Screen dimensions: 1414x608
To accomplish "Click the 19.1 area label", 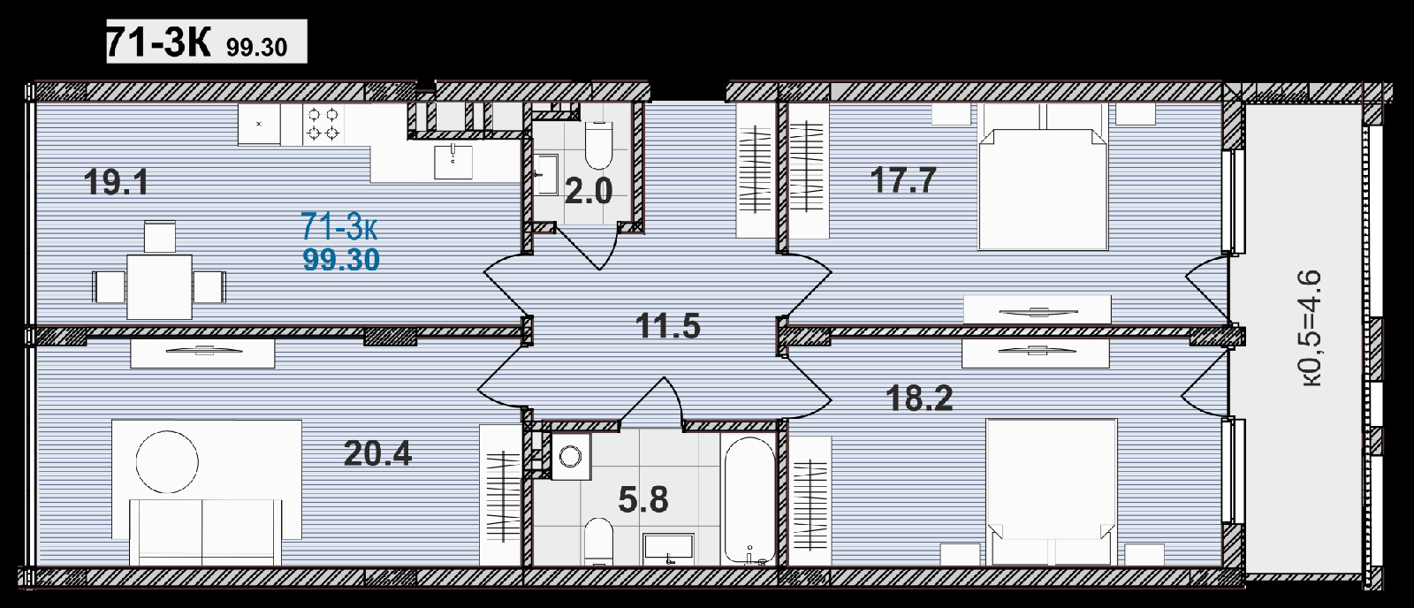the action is pyautogui.click(x=116, y=182).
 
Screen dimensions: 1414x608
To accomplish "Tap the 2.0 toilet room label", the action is pyautogui.click(x=589, y=191).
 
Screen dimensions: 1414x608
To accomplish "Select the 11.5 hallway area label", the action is pyautogui.click(x=668, y=326).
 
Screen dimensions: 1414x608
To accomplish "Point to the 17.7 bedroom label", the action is pyautogui.click(x=903, y=180).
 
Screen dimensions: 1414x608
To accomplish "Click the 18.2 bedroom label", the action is pyautogui.click(x=919, y=398).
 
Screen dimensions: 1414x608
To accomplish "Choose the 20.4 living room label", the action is pyautogui.click(x=377, y=453).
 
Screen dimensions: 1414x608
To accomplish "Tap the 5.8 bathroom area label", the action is pyautogui.click(x=643, y=500).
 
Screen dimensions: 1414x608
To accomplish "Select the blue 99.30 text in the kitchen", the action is pyautogui.click(x=341, y=260).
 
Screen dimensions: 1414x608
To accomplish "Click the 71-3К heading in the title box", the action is pyautogui.click(x=158, y=42).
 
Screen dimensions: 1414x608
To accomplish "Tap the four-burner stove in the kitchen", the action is pyautogui.click(x=323, y=125).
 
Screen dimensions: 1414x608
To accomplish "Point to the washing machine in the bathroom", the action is pyautogui.click(x=571, y=456).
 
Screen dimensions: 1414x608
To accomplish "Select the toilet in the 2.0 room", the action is pyautogui.click(x=598, y=145).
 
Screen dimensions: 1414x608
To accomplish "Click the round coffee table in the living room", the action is pyautogui.click(x=167, y=461).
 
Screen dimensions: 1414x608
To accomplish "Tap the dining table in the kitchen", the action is pyautogui.click(x=159, y=286).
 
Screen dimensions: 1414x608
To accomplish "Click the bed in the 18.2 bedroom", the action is pyautogui.click(x=1052, y=492).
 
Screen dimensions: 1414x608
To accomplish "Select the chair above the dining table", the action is pyautogui.click(x=160, y=237).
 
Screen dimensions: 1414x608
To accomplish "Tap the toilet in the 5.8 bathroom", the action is pyautogui.click(x=598, y=541).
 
